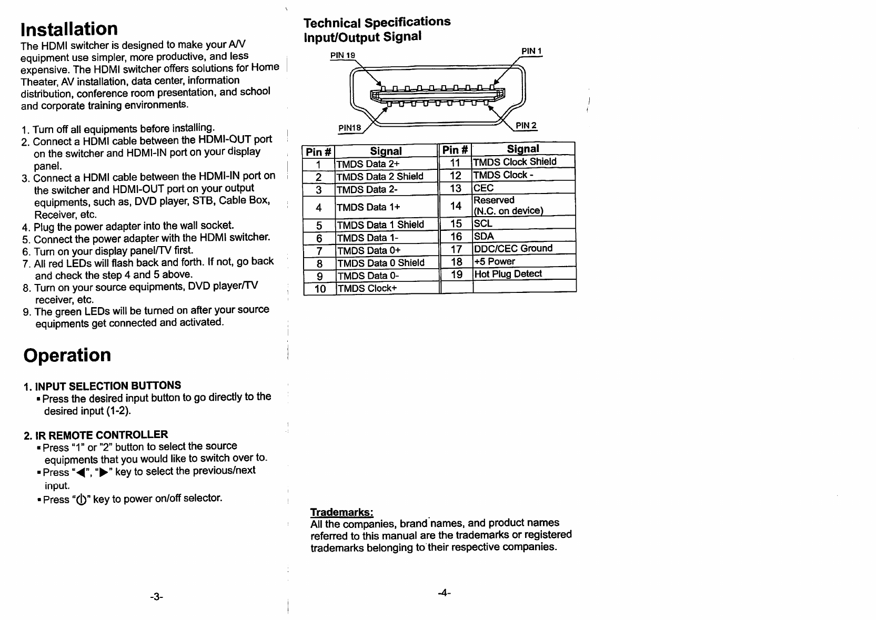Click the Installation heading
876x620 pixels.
(x=69, y=29)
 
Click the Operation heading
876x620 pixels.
(x=67, y=355)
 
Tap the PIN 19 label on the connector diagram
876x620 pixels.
(x=343, y=55)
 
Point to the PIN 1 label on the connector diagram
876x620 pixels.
(x=531, y=51)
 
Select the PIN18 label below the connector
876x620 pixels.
(x=350, y=127)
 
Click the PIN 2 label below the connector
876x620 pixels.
(x=526, y=125)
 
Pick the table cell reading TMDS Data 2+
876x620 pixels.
(x=368, y=164)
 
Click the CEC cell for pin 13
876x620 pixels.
(x=484, y=188)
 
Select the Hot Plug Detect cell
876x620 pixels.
(x=508, y=273)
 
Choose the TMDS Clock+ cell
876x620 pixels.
(x=368, y=288)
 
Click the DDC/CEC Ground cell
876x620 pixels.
(x=513, y=248)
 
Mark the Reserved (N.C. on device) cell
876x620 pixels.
(x=508, y=205)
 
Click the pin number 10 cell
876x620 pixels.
(x=320, y=289)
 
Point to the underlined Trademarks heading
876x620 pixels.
(x=342, y=512)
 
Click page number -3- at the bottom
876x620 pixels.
(x=156, y=597)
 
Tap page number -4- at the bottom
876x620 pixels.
(x=445, y=593)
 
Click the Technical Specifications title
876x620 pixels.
(x=377, y=22)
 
